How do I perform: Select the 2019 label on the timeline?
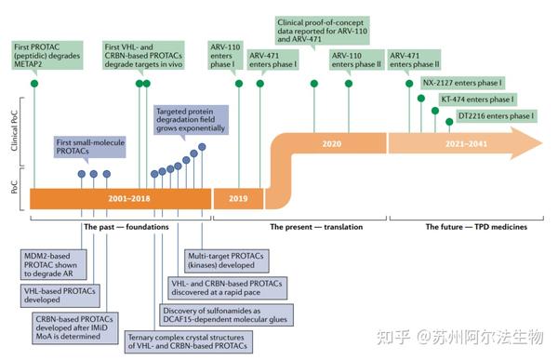[x=238, y=198]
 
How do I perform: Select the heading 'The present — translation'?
[x=316, y=226]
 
